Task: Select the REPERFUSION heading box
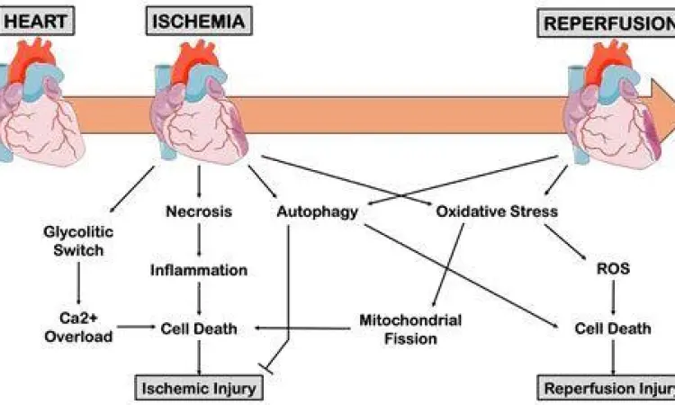pos(606,22)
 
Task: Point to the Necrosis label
pos(199,212)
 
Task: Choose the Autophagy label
pos(318,212)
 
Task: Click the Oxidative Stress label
pos(496,212)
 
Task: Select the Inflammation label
pos(199,270)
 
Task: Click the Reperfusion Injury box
pos(607,389)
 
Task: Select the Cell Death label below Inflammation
pos(199,328)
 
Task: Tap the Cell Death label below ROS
pos(613,328)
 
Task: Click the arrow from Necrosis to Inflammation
pos(199,241)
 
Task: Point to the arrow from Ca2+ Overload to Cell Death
pos(135,328)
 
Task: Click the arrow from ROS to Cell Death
pos(613,299)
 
